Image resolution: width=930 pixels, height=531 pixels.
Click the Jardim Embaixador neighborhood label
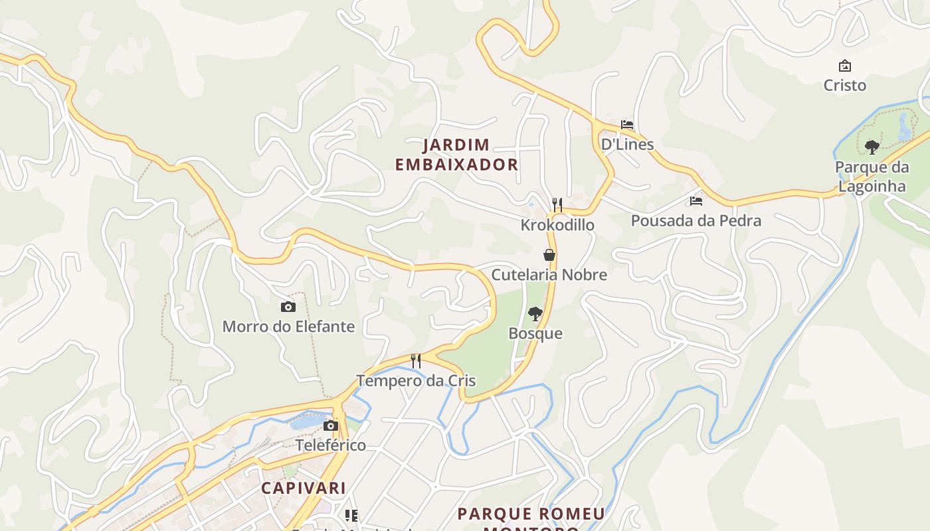coord(456,155)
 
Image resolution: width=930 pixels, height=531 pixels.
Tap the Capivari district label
coord(303,488)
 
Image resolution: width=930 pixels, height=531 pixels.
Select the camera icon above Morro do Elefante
coord(288,307)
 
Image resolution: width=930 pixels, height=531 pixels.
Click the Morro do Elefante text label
coord(288,327)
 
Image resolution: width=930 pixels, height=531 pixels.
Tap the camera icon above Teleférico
coord(330,425)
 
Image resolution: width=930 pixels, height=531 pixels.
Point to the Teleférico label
coord(330,445)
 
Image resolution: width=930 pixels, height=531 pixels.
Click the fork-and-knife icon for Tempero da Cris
coord(416,361)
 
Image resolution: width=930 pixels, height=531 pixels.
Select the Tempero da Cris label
coord(416,381)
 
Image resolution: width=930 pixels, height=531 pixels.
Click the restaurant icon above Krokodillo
coord(557,205)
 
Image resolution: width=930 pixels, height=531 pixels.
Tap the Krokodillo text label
coord(557,225)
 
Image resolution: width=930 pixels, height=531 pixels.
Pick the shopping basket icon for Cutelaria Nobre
coord(549,255)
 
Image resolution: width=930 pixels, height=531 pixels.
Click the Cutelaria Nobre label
coord(549,275)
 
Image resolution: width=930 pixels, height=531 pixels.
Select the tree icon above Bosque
coord(535,314)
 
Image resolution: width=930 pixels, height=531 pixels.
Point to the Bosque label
coord(535,334)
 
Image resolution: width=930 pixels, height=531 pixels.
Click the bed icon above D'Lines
coord(626,125)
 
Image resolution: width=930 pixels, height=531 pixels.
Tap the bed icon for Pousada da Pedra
coord(696,200)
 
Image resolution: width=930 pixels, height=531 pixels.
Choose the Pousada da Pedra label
coord(696,220)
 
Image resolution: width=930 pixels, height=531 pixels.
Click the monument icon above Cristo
coord(845,66)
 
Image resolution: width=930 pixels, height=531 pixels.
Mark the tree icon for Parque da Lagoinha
coord(872,147)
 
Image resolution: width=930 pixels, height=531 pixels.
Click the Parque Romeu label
coord(531,514)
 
